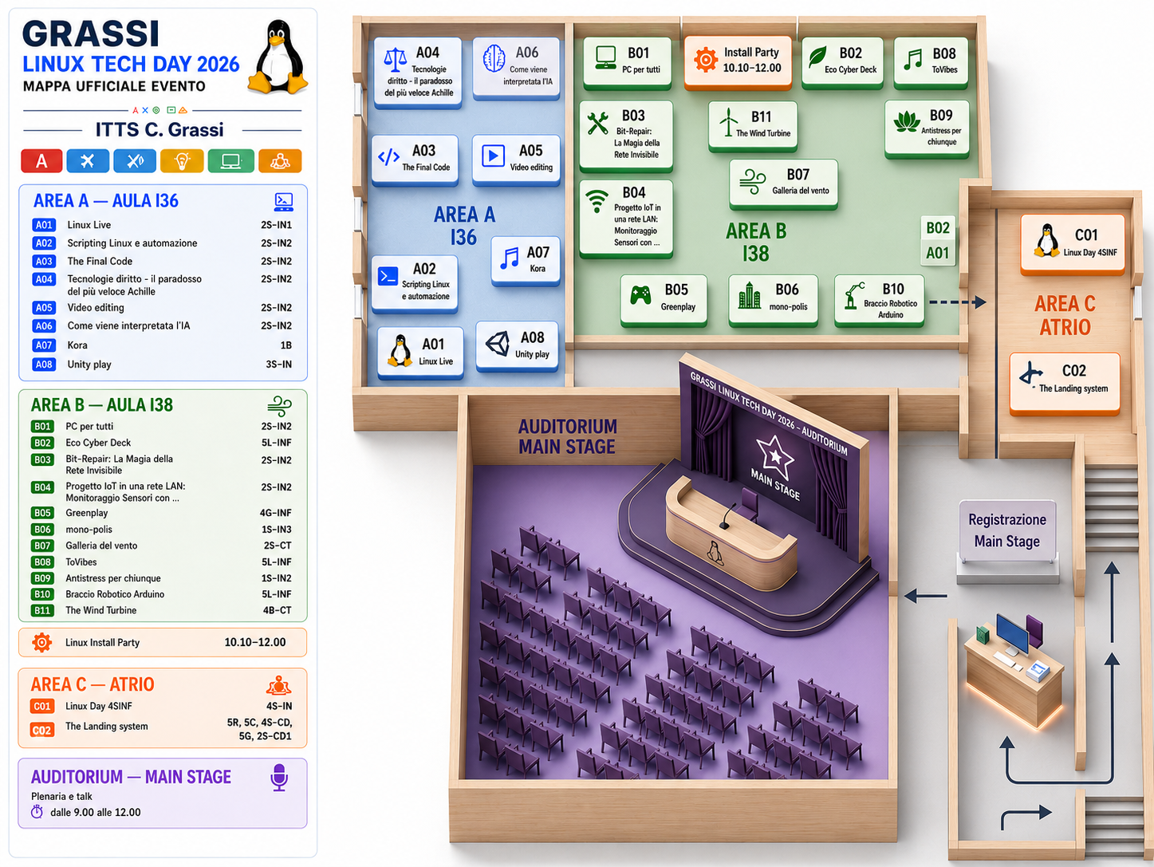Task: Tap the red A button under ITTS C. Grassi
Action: [41, 161]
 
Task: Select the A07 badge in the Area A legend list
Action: [44, 345]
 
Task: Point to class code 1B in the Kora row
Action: [286, 345]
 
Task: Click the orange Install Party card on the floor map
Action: [738, 61]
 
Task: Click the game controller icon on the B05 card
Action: [640, 295]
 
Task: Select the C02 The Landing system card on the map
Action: [1065, 383]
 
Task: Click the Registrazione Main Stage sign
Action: [1006, 531]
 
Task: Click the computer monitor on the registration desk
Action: [1012, 633]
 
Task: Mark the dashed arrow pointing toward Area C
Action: [957, 302]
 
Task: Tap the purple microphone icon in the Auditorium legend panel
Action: [279, 777]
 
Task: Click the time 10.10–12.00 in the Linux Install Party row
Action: [255, 643]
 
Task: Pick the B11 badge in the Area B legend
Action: [42, 610]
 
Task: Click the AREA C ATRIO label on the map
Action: [1065, 316]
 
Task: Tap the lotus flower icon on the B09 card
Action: [907, 123]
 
